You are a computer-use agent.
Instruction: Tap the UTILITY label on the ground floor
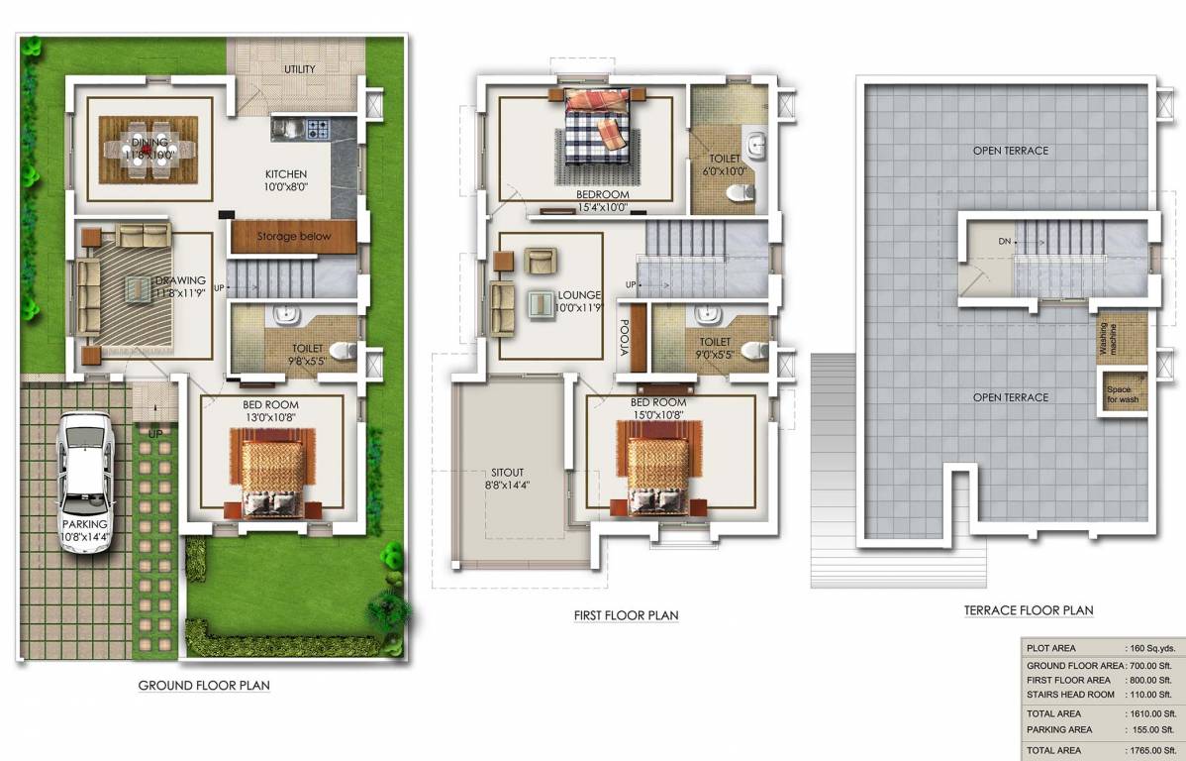(x=300, y=69)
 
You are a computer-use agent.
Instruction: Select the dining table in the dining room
(x=148, y=150)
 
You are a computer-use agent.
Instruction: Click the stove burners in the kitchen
(x=317, y=128)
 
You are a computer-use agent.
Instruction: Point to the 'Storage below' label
(x=293, y=237)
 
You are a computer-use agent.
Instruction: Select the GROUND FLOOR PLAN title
(x=203, y=685)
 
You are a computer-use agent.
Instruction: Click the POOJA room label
(x=626, y=336)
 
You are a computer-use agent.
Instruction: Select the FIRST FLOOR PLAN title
(x=626, y=615)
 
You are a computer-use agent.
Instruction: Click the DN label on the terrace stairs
(x=1004, y=241)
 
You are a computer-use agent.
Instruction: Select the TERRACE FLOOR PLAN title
(x=1029, y=610)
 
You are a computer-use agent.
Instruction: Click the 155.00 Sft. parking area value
(x=1150, y=729)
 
